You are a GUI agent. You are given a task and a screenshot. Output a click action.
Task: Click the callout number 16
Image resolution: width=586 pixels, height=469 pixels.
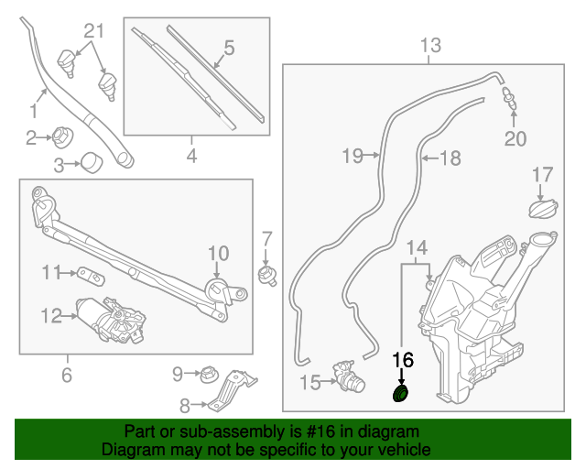pos(402,359)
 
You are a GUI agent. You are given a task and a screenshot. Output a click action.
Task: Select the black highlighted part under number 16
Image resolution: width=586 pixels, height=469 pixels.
pos(401,394)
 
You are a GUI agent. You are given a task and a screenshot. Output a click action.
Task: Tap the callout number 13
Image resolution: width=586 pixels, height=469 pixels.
pos(430,45)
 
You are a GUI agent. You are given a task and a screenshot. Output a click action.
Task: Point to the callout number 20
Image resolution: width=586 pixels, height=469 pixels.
pos(516,139)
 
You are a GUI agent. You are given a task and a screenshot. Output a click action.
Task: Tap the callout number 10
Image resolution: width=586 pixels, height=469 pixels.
pos(216,254)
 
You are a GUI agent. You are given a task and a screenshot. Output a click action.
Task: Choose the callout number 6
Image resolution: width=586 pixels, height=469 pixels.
pos(66,375)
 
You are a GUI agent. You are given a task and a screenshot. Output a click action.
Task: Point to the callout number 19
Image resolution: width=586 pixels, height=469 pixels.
pos(353,156)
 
